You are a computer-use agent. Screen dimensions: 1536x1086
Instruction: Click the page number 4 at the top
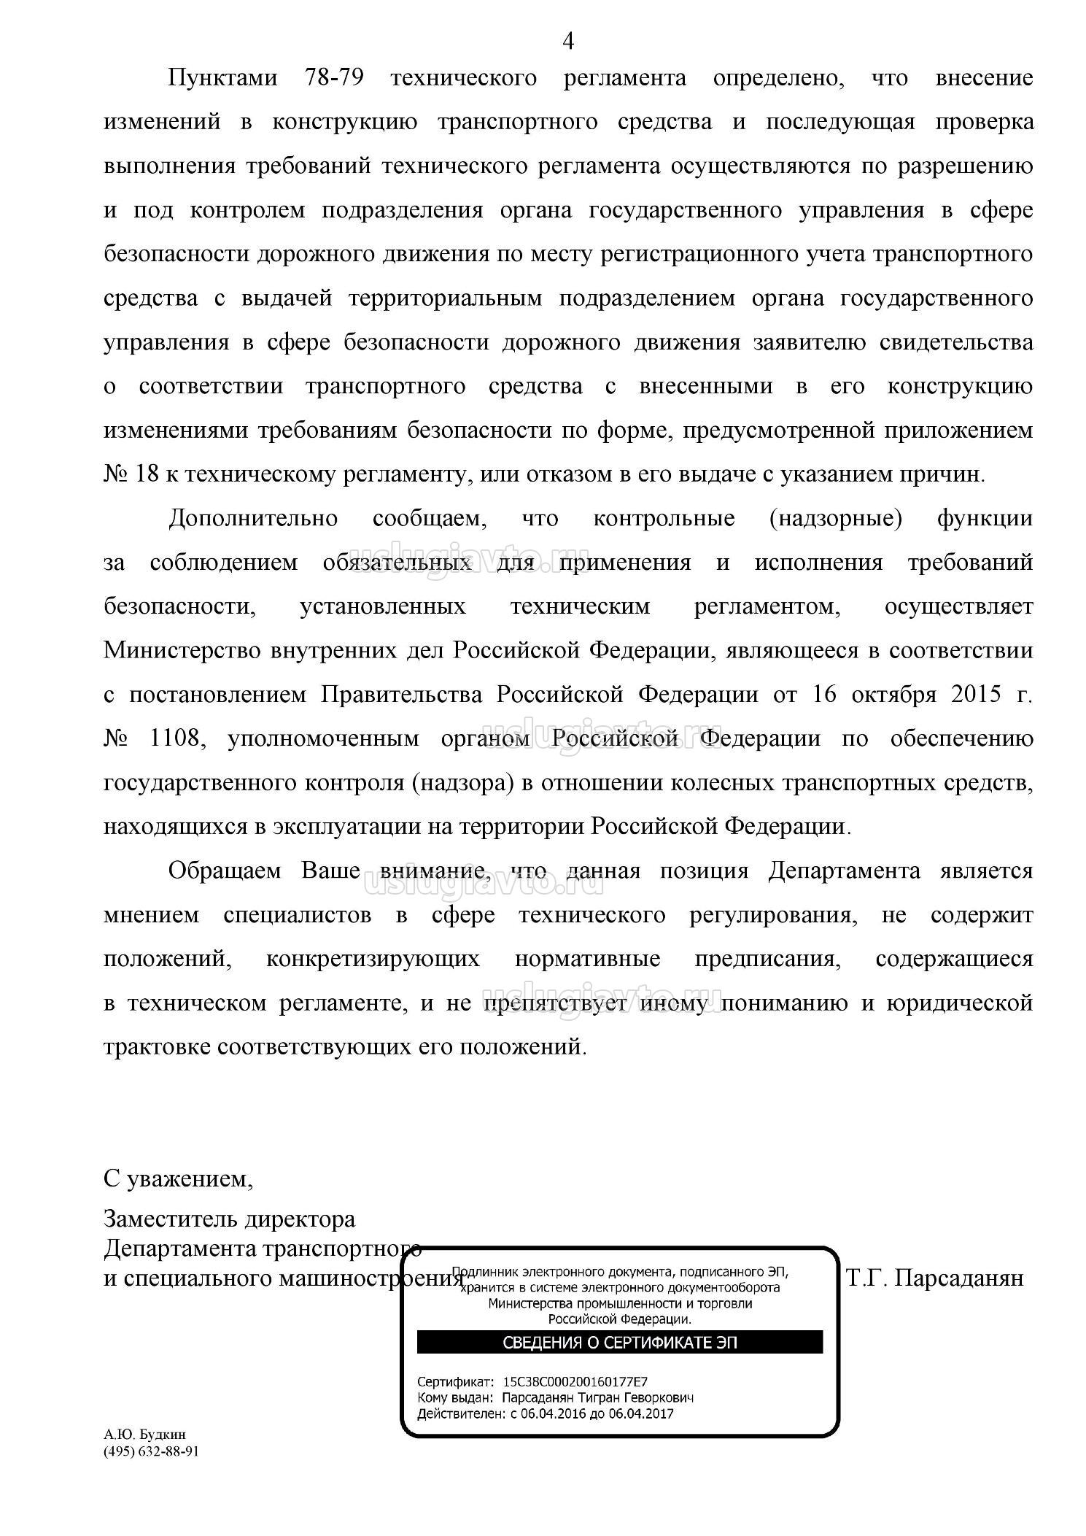568,42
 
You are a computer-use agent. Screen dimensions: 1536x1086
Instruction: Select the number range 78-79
332,78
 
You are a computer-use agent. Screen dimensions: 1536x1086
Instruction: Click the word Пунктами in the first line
223,78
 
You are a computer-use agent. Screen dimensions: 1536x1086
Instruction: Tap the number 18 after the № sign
147,474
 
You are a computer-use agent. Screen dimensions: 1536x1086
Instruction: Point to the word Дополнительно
253,519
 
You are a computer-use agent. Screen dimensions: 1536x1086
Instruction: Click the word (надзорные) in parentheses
836,519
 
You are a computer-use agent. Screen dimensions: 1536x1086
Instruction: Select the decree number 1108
174,738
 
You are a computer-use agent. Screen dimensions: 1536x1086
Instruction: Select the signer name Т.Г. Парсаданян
935,1278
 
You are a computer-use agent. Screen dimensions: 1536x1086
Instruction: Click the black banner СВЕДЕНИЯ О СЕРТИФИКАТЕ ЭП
619,1342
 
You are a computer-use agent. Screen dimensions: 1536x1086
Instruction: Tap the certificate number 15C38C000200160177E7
575,1381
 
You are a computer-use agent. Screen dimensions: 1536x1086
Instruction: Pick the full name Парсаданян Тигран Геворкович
597,1397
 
